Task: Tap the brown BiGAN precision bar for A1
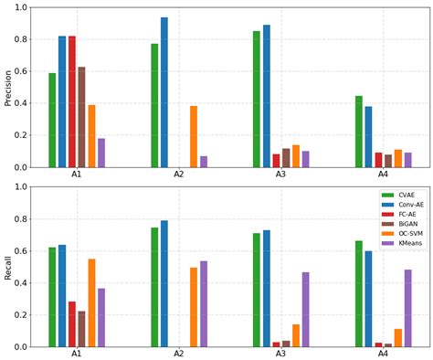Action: point(81,117)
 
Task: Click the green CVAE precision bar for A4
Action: point(359,132)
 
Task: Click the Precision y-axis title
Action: point(8,88)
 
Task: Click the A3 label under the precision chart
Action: point(281,175)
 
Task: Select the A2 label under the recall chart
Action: point(179,354)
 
